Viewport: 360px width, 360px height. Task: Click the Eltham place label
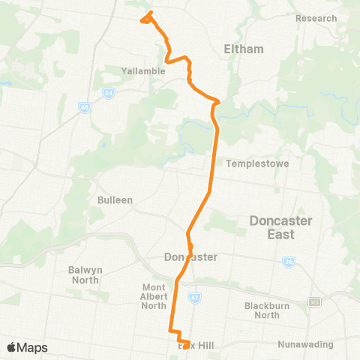[x=244, y=49]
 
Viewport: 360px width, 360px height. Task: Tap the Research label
[x=316, y=18]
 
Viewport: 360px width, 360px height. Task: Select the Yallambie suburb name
[x=139, y=71]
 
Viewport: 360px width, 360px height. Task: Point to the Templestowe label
[x=257, y=163]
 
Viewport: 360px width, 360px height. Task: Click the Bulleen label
[x=115, y=200]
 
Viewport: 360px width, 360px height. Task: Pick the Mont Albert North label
[x=154, y=296]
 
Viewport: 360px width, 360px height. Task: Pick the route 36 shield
[x=289, y=262]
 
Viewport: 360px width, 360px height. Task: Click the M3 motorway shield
[x=315, y=301]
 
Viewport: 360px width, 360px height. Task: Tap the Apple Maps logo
[x=27, y=347]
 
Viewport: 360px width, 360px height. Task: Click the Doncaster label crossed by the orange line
[x=190, y=256]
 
